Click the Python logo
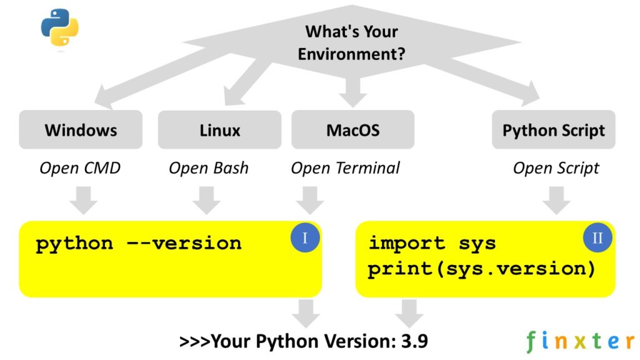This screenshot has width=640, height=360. coord(60,28)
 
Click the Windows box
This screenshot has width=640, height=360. coord(81,130)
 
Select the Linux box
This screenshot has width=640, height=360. coord(219,130)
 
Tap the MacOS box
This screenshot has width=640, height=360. coord(352,130)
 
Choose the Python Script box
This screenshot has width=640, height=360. coord(553,130)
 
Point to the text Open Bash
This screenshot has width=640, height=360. coord(208,168)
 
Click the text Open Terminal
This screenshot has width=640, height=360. coord(345,168)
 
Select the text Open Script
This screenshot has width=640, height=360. coord(556,168)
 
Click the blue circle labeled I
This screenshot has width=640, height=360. coord(306,238)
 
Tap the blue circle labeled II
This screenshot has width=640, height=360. coord(598,238)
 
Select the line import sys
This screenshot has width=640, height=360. coord(432,242)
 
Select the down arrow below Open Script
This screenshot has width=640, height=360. coord(556,199)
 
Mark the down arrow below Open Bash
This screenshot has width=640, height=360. coord(206,199)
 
